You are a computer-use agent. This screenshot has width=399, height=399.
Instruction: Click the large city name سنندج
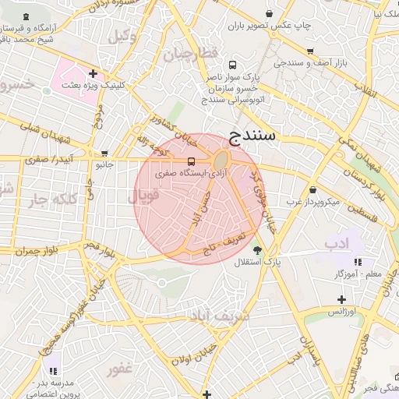(x=252, y=136)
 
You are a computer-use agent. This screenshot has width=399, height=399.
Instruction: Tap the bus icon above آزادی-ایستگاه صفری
(x=192, y=161)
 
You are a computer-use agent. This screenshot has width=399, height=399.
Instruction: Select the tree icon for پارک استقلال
(x=257, y=250)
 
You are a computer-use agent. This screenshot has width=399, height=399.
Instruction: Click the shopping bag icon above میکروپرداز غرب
(x=312, y=189)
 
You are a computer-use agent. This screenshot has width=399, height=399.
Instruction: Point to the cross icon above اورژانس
(x=341, y=299)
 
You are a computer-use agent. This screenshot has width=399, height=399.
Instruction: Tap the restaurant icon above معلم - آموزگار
(x=358, y=262)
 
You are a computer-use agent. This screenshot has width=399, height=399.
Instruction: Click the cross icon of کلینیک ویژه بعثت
(x=93, y=73)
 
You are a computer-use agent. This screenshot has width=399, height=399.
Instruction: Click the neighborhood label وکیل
(x=122, y=35)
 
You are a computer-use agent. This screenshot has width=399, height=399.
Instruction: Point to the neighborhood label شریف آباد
(x=217, y=316)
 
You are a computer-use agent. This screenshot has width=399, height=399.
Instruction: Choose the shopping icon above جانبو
(x=104, y=153)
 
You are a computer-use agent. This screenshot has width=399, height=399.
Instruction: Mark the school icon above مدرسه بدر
(x=54, y=371)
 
